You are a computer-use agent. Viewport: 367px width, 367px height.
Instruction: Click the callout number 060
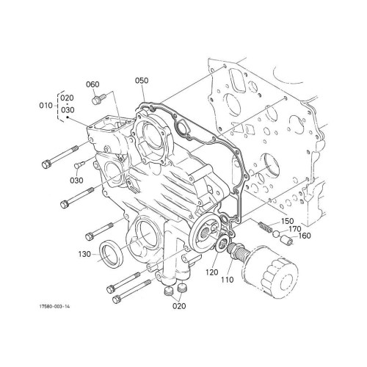[92, 84]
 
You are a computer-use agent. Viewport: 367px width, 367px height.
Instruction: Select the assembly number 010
[44, 106]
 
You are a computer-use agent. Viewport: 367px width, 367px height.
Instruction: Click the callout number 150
[287, 221]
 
